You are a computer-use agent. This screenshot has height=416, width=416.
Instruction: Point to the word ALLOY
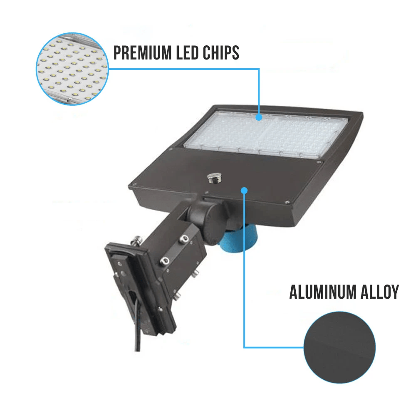click(379, 292)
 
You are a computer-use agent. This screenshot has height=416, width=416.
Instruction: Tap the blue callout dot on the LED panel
click(259, 117)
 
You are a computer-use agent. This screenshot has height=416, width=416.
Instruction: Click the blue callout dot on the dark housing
click(244, 191)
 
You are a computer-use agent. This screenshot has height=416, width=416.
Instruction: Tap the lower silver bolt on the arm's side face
click(164, 261)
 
